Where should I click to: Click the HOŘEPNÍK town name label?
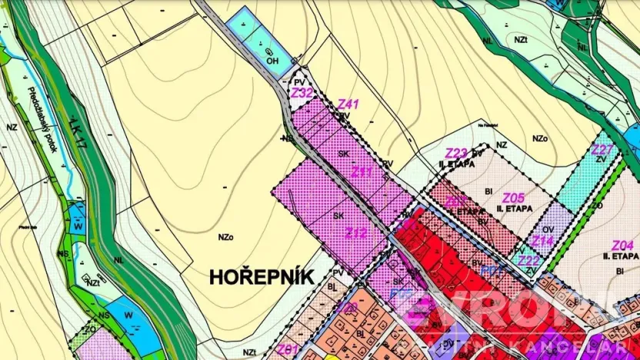[x=262, y=277]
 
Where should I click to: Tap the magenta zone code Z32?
[x=302, y=92]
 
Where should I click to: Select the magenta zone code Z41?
[x=348, y=104]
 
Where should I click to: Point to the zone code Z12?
[x=355, y=233]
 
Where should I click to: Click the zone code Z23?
[x=456, y=152]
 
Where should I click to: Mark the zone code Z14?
[x=542, y=242]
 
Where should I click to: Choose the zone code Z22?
[x=528, y=261]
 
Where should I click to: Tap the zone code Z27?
[x=602, y=149]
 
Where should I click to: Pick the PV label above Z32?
[x=300, y=80]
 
